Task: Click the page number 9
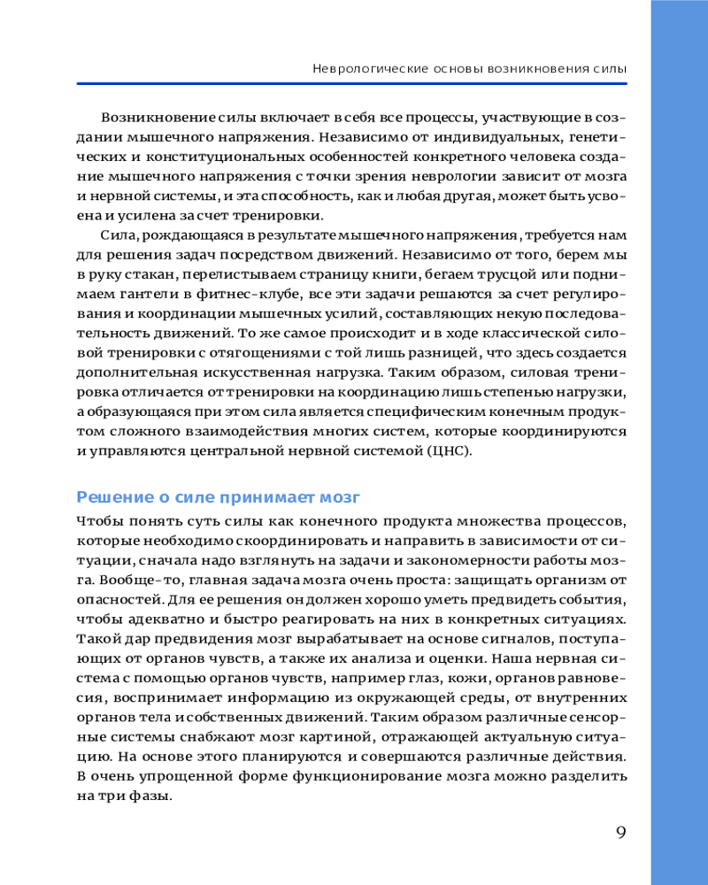click(620, 832)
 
